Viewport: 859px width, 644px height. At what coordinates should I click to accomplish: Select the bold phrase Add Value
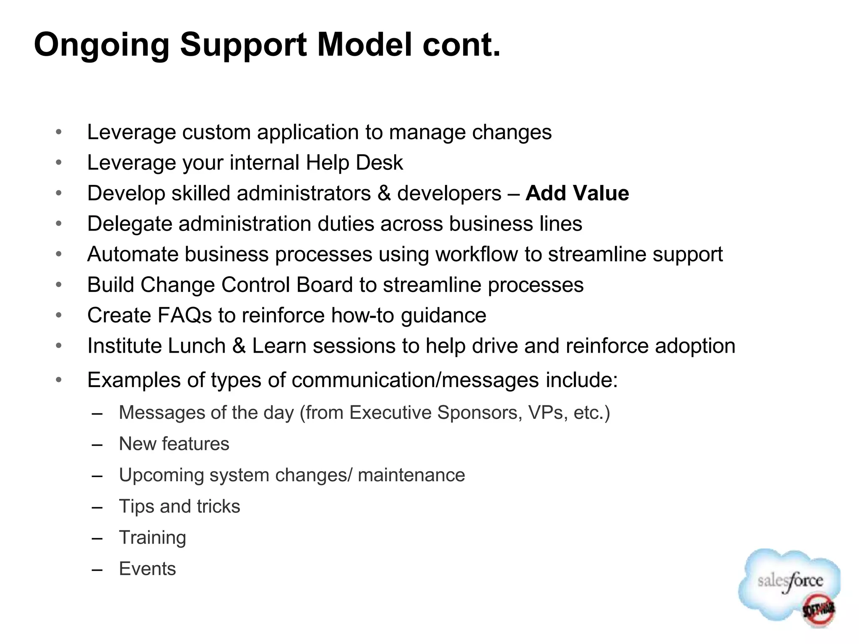(x=577, y=193)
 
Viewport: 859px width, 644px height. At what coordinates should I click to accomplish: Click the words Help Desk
(x=354, y=163)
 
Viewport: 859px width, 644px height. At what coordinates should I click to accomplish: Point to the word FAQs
(x=185, y=315)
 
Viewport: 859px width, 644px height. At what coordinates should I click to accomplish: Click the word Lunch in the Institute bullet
(x=197, y=346)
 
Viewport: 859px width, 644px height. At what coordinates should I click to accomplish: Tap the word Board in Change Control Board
(x=325, y=285)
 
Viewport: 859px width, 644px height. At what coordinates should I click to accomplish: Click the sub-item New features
(x=174, y=444)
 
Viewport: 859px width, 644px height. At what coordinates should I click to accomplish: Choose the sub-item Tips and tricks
(x=180, y=506)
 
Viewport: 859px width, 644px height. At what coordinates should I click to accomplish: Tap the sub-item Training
(x=152, y=538)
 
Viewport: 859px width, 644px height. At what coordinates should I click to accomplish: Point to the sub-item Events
(x=147, y=569)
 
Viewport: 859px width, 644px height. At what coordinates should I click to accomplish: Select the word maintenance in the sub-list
(x=411, y=475)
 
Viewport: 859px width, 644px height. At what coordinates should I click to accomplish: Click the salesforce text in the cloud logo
(x=790, y=581)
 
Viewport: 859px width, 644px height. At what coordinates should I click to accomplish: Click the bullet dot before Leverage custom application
(x=59, y=132)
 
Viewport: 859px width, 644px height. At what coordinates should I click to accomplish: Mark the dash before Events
(x=97, y=569)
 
